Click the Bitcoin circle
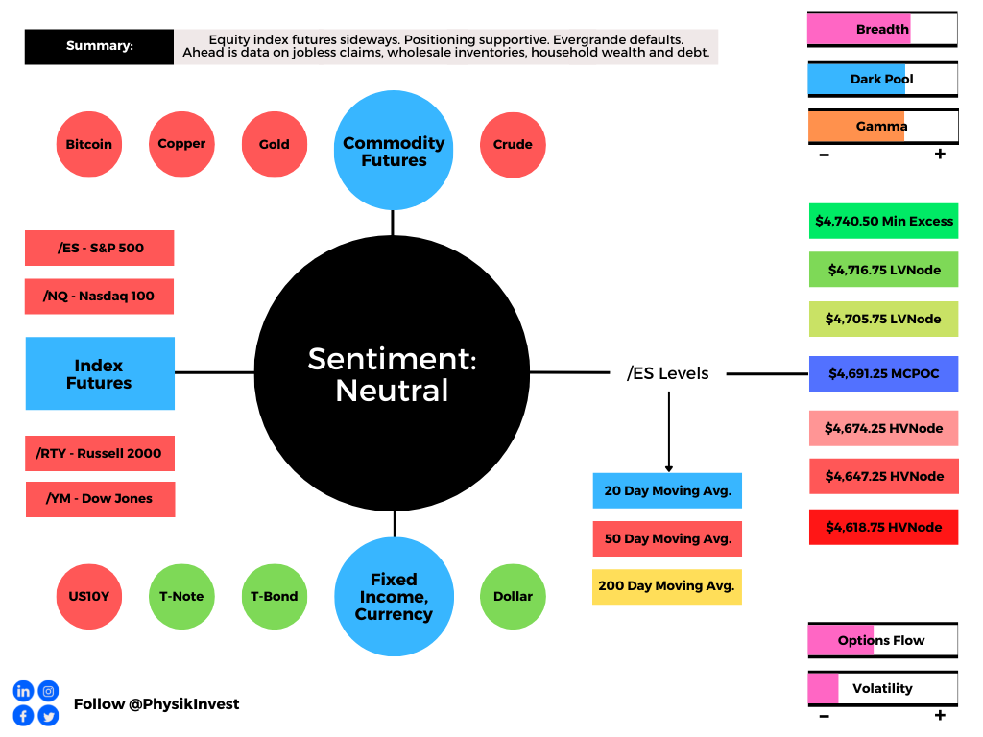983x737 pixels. tap(89, 144)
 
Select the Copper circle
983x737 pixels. tap(181, 144)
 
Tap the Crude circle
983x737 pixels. tap(513, 145)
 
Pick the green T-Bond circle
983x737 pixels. tap(275, 597)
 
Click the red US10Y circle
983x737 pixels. tap(89, 597)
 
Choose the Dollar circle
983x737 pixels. tap(513, 597)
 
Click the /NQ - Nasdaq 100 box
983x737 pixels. tap(99, 297)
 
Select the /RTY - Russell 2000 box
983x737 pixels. tap(100, 453)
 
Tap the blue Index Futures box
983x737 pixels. tap(100, 373)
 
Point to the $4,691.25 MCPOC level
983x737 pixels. tap(883, 373)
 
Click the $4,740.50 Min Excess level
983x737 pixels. tap(883, 221)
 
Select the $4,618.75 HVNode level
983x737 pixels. tap(883, 527)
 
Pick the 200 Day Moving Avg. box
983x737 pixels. tap(667, 586)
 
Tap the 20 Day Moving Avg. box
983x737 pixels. tap(667, 490)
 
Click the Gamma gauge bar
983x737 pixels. tap(883, 126)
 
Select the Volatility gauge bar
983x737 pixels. tap(883, 689)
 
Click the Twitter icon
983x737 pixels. tap(48, 716)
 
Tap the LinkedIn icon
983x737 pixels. tap(23, 691)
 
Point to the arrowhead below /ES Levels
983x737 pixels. tap(669, 468)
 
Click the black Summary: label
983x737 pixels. tap(99, 46)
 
